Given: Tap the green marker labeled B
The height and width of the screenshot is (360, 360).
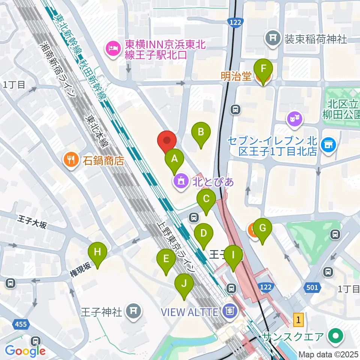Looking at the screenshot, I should (201, 132).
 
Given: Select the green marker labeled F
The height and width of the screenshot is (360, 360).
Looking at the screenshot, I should (263, 69).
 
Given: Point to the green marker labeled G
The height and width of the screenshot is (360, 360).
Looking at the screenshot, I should (262, 228).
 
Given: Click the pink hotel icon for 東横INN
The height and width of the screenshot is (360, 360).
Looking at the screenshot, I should (112, 48).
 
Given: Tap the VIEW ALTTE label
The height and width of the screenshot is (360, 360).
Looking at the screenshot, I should (190, 311).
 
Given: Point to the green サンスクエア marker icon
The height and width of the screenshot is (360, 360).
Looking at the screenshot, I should (335, 335).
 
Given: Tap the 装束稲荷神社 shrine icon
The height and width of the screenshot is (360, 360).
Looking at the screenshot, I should (273, 39).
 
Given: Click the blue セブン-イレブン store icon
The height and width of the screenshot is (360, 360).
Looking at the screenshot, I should (329, 144).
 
